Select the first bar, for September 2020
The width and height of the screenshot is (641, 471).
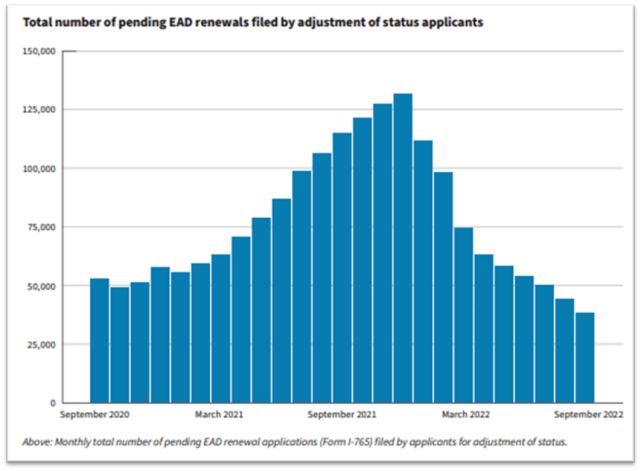pyautogui.click(x=99, y=340)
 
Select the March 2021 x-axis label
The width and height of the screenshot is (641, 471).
pyautogui.click(x=221, y=413)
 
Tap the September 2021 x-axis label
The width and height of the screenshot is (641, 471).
pyautogui.click(x=342, y=413)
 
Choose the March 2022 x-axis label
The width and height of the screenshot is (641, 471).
pyautogui.click(x=465, y=413)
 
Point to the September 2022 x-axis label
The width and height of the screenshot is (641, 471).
pyautogui.click(x=589, y=413)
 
